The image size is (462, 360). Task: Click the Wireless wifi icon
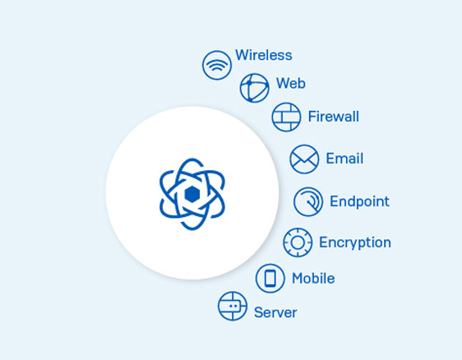(x=217, y=65)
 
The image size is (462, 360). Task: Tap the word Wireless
(x=264, y=55)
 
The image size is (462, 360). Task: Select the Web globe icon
(x=255, y=88)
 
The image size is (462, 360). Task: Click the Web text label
(x=291, y=83)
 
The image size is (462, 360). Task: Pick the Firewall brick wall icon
(x=286, y=117)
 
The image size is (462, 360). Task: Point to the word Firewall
(x=334, y=117)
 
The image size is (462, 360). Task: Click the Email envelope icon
(x=304, y=159)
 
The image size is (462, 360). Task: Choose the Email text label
(x=344, y=159)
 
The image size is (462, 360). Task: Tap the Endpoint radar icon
(x=308, y=201)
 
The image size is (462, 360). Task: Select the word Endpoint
(x=359, y=201)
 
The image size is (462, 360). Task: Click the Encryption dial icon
(x=298, y=242)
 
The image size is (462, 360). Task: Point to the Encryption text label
(x=355, y=242)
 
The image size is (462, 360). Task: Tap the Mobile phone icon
(x=270, y=279)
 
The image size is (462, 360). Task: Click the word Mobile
(x=313, y=279)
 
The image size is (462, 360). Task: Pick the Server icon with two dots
(x=233, y=306)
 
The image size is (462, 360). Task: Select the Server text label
(x=275, y=312)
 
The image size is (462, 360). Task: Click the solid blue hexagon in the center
(x=192, y=194)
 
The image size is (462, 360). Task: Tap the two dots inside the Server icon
(x=233, y=306)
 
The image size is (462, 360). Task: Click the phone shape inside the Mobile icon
(x=270, y=279)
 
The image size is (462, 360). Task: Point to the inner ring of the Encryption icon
(x=298, y=237)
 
